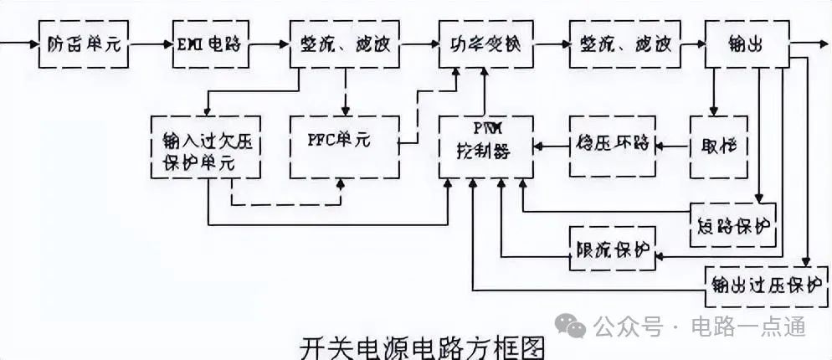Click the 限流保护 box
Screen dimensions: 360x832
(612, 249)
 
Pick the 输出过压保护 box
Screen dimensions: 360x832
(763, 283)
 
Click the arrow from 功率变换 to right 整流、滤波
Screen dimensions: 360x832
(548, 44)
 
